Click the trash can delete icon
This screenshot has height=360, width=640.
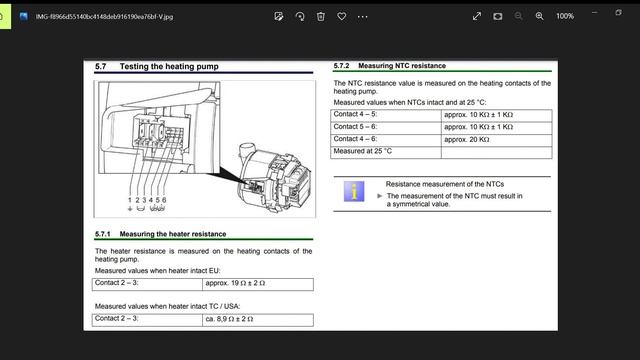pyautogui.click(x=321, y=16)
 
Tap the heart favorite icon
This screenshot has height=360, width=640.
pyautogui.click(x=342, y=16)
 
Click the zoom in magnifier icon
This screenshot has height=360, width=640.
pyautogui.click(x=539, y=16)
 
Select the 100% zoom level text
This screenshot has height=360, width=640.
pyautogui.click(x=565, y=16)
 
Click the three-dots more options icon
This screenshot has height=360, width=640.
pyautogui.click(x=362, y=17)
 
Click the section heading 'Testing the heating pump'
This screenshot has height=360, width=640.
pyautogui.click(x=169, y=67)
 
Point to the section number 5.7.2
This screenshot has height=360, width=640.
pyautogui.click(x=341, y=66)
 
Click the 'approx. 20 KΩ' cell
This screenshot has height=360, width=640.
pyautogui.click(x=467, y=140)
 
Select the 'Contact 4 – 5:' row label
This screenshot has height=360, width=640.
pyautogui.click(x=355, y=114)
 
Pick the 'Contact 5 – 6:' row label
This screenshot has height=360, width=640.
pyautogui.click(x=355, y=127)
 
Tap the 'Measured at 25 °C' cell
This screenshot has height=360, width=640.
pyautogui.click(x=362, y=151)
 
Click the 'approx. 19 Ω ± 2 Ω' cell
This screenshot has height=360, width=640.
pyautogui.click(x=235, y=283)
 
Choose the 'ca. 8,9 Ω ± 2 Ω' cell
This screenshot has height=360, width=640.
pyautogui.click(x=229, y=319)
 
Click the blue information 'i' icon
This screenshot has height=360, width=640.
pyautogui.click(x=354, y=191)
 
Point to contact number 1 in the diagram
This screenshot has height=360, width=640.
pyautogui.click(x=130, y=200)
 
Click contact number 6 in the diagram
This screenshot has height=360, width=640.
pyautogui.click(x=164, y=200)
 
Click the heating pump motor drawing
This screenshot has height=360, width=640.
pyautogui.click(x=274, y=177)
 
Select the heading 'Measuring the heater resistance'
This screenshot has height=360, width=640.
pyautogui.click(x=173, y=234)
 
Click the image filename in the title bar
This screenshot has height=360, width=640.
pyautogui.click(x=104, y=17)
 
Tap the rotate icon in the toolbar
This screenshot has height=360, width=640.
pyautogui.click(x=300, y=16)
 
